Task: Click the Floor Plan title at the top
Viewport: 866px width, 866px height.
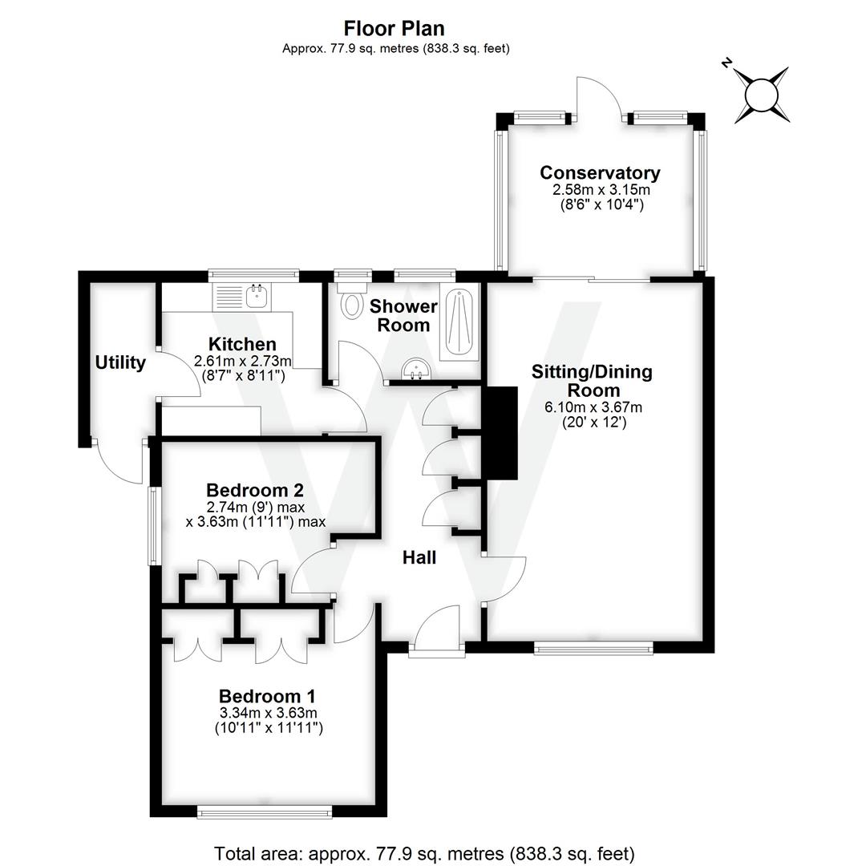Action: click(395, 28)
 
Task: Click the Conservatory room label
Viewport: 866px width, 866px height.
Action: click(600, 172)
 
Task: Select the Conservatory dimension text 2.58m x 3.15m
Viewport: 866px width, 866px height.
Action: click(600, 190)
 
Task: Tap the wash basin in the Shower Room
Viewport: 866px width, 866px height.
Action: click(417, 370)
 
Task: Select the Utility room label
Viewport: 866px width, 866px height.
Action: click(120, 362)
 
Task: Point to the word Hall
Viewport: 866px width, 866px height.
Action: click(419, 557)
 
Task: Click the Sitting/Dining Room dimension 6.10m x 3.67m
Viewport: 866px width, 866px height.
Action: click(593, 407)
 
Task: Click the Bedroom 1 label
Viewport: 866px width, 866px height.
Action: click(268, 695)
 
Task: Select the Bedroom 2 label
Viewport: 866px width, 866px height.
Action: click(255, 489)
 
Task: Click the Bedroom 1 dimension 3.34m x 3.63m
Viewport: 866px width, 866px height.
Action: click(268, 713)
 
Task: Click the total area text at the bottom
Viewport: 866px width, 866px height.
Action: click(424, 852)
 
